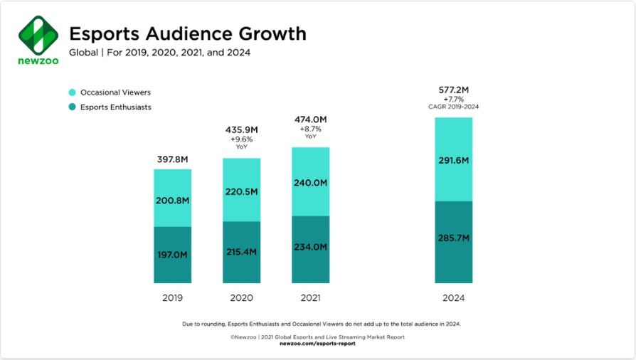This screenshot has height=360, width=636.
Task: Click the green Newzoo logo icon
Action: click(38, 34)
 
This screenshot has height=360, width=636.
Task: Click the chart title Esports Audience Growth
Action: click(188, 33)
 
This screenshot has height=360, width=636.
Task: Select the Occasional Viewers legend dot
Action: click(72, 92)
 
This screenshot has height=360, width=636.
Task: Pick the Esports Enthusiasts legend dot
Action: click(72, 107)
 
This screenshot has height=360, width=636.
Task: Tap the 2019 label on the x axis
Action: click(172, 297)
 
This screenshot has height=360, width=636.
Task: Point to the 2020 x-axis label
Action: click(241, 297)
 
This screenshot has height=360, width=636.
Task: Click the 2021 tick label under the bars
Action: click(310, 297)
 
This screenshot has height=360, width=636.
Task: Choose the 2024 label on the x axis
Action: click(453, 297)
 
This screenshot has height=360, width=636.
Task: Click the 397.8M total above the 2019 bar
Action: click(173, 159)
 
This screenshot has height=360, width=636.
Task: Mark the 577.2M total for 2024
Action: click(453, 90)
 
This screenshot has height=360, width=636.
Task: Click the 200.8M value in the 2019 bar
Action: click(173, 201)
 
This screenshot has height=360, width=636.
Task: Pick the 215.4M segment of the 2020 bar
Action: click(241, 254)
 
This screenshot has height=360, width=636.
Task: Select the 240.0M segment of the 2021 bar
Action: click(310, 183)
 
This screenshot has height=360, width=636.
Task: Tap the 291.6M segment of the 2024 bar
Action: click(453, 161)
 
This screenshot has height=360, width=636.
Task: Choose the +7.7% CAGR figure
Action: click(453, 100)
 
